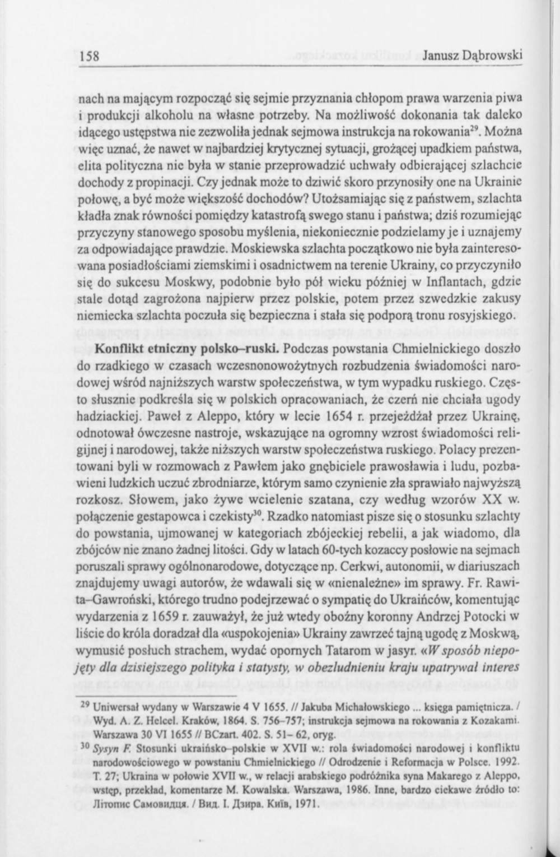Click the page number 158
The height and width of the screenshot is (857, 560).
tap(89, 55)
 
